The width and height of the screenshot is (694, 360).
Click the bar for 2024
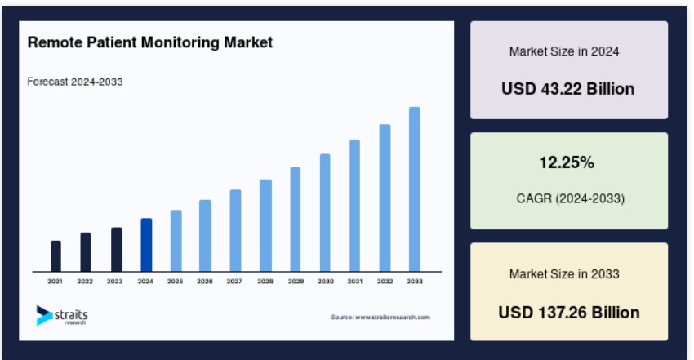click(146, 245)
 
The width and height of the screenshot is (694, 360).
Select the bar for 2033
click(415, 189)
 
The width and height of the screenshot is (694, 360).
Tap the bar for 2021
click(56, 256)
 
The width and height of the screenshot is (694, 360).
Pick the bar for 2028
click(265, 225)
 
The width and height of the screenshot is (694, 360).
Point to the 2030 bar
click(325, 213)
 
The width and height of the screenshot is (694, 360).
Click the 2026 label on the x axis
click(205, 282)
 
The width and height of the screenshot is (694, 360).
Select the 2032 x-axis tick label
click(385, 282)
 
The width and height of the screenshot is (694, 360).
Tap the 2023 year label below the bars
click(114, 282)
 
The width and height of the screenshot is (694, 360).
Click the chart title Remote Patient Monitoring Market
click(150, 42)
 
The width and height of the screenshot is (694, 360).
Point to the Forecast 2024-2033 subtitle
click(75, 82)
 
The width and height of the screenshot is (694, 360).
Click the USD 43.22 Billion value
click(568, 89)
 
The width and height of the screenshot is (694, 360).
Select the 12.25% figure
click(567, 162)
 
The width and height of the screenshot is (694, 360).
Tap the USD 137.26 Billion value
click(569, 313)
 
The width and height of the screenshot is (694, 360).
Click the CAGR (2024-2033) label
click(571, 198)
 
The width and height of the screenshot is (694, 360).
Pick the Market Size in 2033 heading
click(564, 274)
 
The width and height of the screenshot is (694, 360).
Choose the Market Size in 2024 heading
click(564, 51)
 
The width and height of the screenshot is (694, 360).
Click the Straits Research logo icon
click(44, 315)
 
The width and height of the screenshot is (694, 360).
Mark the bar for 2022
click(86, 252)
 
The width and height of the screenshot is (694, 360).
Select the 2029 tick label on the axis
click(296, 282)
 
